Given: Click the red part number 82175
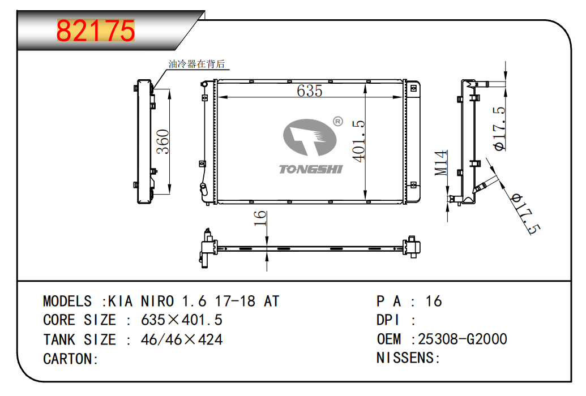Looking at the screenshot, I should point(96,31).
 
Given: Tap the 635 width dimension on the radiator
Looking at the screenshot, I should point(309,91).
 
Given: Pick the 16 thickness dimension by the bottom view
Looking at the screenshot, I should point(260,219).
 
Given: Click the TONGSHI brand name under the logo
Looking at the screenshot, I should point(310,169).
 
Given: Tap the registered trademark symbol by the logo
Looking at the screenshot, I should point(337,121).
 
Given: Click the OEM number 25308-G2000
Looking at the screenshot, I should point(462,339).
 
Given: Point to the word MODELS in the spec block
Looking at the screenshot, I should point(67,301).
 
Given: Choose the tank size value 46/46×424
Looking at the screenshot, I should point(181,339).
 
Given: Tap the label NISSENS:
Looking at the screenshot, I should point(408,358).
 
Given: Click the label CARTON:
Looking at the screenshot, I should point(71,359).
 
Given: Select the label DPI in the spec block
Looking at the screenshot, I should point(388,320).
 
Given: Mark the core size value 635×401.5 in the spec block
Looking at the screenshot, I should point(181,320).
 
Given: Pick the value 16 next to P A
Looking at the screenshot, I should point(434,301).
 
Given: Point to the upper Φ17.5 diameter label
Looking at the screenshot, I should point(500,128).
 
